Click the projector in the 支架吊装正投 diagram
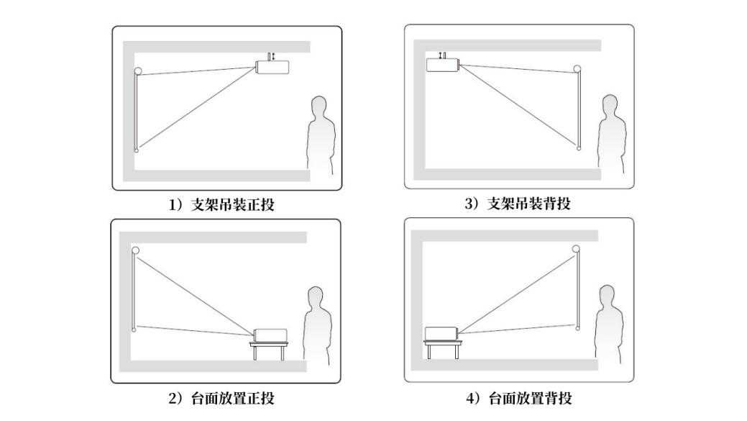[x=272, y=67]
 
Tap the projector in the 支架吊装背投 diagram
[x=443, y=65]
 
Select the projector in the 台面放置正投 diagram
[x=270, y=335]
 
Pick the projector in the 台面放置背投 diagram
[x=441, y=333]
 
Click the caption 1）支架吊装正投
[x=221, y=205]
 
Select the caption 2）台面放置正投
[x=221, y=398]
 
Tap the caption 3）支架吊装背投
[x=518, y=204]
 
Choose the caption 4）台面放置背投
[x=519, y=398]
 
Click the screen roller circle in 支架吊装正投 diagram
[x=138, y=71]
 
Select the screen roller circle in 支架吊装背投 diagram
[x=577, y=68]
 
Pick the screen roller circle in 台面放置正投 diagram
[x=135, y=250]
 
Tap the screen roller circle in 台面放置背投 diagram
[x=576, y=248]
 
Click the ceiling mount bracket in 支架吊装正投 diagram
[x=269, y=57]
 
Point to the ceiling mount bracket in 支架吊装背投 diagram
[x=444, y=55]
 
